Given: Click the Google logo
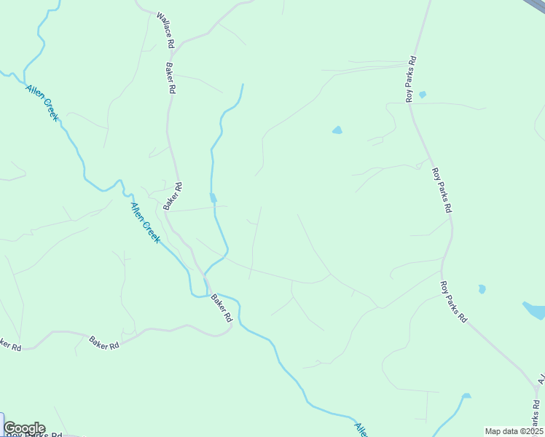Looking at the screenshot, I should coord(24,428).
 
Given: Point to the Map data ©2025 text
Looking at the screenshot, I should coord(514,431).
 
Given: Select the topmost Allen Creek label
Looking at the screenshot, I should coord(42,102).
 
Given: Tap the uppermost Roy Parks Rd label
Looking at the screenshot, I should coord(411,79).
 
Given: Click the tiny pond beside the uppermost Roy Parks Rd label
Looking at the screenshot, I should coord(423,95).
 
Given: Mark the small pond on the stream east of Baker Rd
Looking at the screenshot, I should coord(213,197).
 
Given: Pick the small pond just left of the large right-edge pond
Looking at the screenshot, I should coord(482,289).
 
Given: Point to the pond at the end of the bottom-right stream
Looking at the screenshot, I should coord(466,396).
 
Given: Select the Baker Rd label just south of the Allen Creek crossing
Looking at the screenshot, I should coord(221,307).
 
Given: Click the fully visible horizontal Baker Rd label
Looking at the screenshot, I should coord(104,342).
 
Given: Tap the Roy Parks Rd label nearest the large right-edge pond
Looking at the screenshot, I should coord(454,302).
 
